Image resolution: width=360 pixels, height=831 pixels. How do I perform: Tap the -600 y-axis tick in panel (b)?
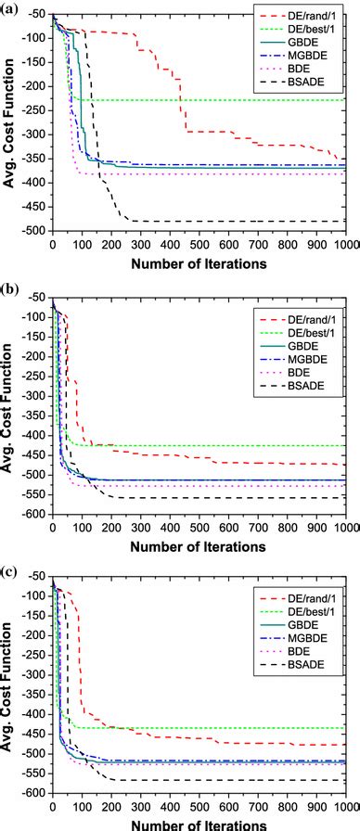pos(33,515)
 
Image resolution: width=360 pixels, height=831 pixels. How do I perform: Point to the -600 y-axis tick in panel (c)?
pos(33,793)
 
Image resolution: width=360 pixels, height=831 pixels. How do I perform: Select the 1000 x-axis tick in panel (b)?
pos(345,529)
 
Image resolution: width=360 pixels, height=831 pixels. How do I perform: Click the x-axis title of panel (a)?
pos(199,262)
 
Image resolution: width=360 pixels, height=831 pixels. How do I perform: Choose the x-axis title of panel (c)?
pos(199,824)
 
